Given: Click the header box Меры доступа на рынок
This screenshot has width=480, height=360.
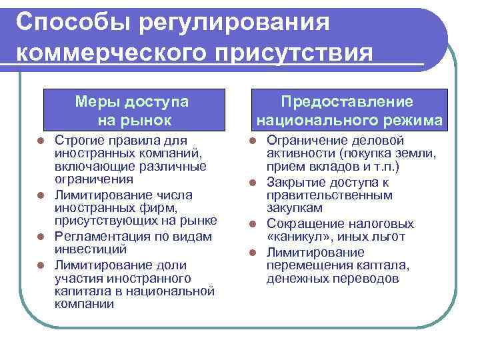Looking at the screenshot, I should [x=132, y=111].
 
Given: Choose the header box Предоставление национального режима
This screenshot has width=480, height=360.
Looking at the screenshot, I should [x=347, y=111].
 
